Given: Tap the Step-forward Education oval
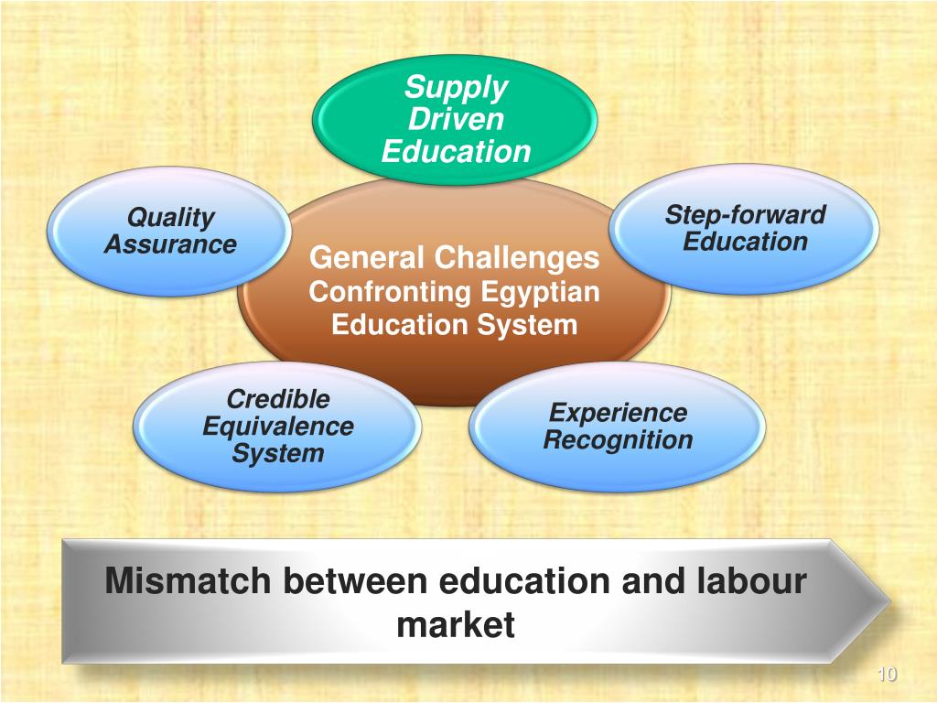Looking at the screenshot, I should [745, 229].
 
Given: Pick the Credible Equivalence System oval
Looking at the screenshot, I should [277, 427].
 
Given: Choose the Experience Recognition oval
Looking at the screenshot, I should [618, 427].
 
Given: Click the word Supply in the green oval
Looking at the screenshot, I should [456, 88].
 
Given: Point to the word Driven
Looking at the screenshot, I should [456, 120].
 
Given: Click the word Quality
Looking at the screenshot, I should [170, 217].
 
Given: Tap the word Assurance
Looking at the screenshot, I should [170, 244].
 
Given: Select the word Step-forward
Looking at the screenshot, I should [745, 215].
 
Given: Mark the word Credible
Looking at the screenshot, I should [277, 399].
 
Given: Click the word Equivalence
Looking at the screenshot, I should [277, 427].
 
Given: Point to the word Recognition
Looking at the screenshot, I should [618, 440].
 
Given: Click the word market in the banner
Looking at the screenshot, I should [455, 626].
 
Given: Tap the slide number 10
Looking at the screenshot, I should [886, 675].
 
